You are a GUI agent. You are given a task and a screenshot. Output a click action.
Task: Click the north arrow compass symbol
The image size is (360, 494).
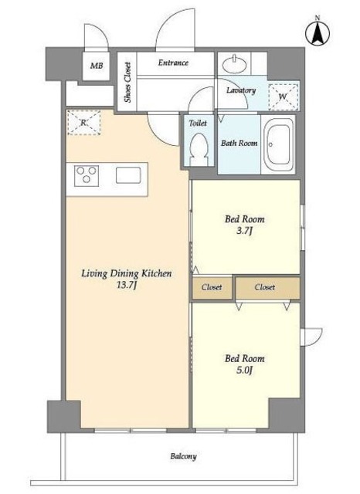318,32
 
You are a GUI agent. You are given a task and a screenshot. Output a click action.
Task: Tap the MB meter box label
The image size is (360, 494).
97,66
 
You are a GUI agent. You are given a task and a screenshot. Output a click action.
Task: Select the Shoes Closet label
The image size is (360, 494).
127,83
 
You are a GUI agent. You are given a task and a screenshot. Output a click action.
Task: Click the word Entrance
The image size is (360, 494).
173,63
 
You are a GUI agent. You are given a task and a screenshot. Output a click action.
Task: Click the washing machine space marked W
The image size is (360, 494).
283,96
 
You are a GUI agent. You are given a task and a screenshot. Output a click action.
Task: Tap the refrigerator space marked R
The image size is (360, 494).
83,123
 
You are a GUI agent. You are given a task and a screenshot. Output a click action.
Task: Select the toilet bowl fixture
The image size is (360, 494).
199,149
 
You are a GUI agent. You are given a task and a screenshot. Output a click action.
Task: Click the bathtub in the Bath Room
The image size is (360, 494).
279,144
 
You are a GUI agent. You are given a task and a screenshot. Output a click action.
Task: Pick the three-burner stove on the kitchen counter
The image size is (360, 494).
87,176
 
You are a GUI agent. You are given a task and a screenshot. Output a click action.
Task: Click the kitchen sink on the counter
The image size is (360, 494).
128,175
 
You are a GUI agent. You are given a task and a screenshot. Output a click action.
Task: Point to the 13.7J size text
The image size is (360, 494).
127,286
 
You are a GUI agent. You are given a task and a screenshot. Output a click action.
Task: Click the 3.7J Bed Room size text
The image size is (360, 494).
244,231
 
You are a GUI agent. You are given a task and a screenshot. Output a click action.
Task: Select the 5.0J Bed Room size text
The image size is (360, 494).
244,370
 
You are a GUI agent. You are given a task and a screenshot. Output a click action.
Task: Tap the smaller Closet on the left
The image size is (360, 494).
212,287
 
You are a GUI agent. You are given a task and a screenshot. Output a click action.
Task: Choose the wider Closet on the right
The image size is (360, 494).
267,287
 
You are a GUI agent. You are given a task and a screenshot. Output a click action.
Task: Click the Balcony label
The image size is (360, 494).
183,456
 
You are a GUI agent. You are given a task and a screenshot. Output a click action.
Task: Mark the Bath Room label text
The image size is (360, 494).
239,143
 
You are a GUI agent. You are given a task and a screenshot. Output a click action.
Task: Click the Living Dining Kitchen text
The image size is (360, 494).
127,273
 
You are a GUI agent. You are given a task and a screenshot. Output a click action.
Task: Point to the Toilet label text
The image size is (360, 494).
198,123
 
